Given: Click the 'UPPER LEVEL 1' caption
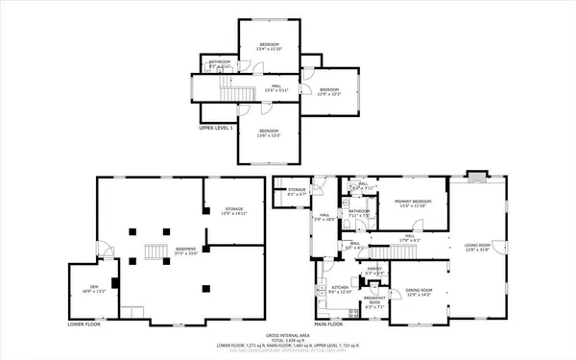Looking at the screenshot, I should pyautogui.click(x=220, y=127).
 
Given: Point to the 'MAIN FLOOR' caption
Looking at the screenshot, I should pyautogui.click(x=329, y=324).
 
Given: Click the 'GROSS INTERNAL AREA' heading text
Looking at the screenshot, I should pyautogui.click(x=287, y=331).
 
